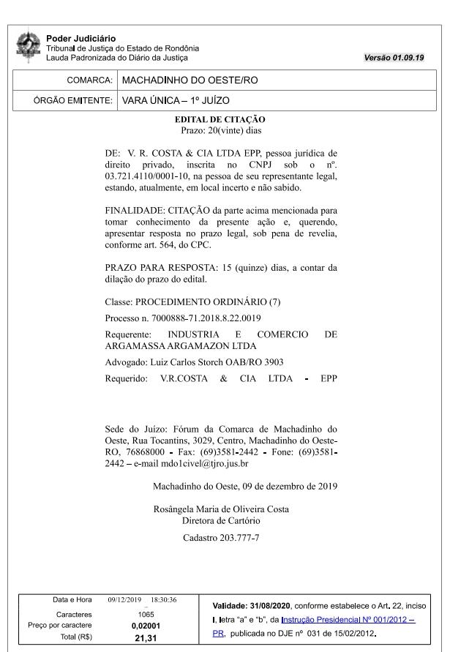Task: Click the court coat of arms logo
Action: tap(29, 45)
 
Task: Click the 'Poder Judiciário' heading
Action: tap(80, 38)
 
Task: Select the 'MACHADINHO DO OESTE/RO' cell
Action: tap(190, 80)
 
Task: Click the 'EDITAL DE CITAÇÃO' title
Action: tap(220, 119)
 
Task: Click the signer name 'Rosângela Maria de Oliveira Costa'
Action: tap(221, 509)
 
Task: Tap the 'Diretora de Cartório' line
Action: tap(221, 520)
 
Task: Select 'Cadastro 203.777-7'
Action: tap(221, 539)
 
